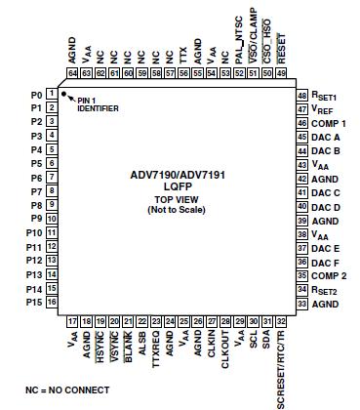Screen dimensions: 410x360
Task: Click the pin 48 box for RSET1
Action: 301,96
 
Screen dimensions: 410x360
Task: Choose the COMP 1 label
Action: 330,124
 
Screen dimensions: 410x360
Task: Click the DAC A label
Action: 327,138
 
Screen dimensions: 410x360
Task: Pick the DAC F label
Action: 327,263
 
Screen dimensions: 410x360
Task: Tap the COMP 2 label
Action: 330,276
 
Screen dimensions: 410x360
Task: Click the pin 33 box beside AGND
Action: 301,304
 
